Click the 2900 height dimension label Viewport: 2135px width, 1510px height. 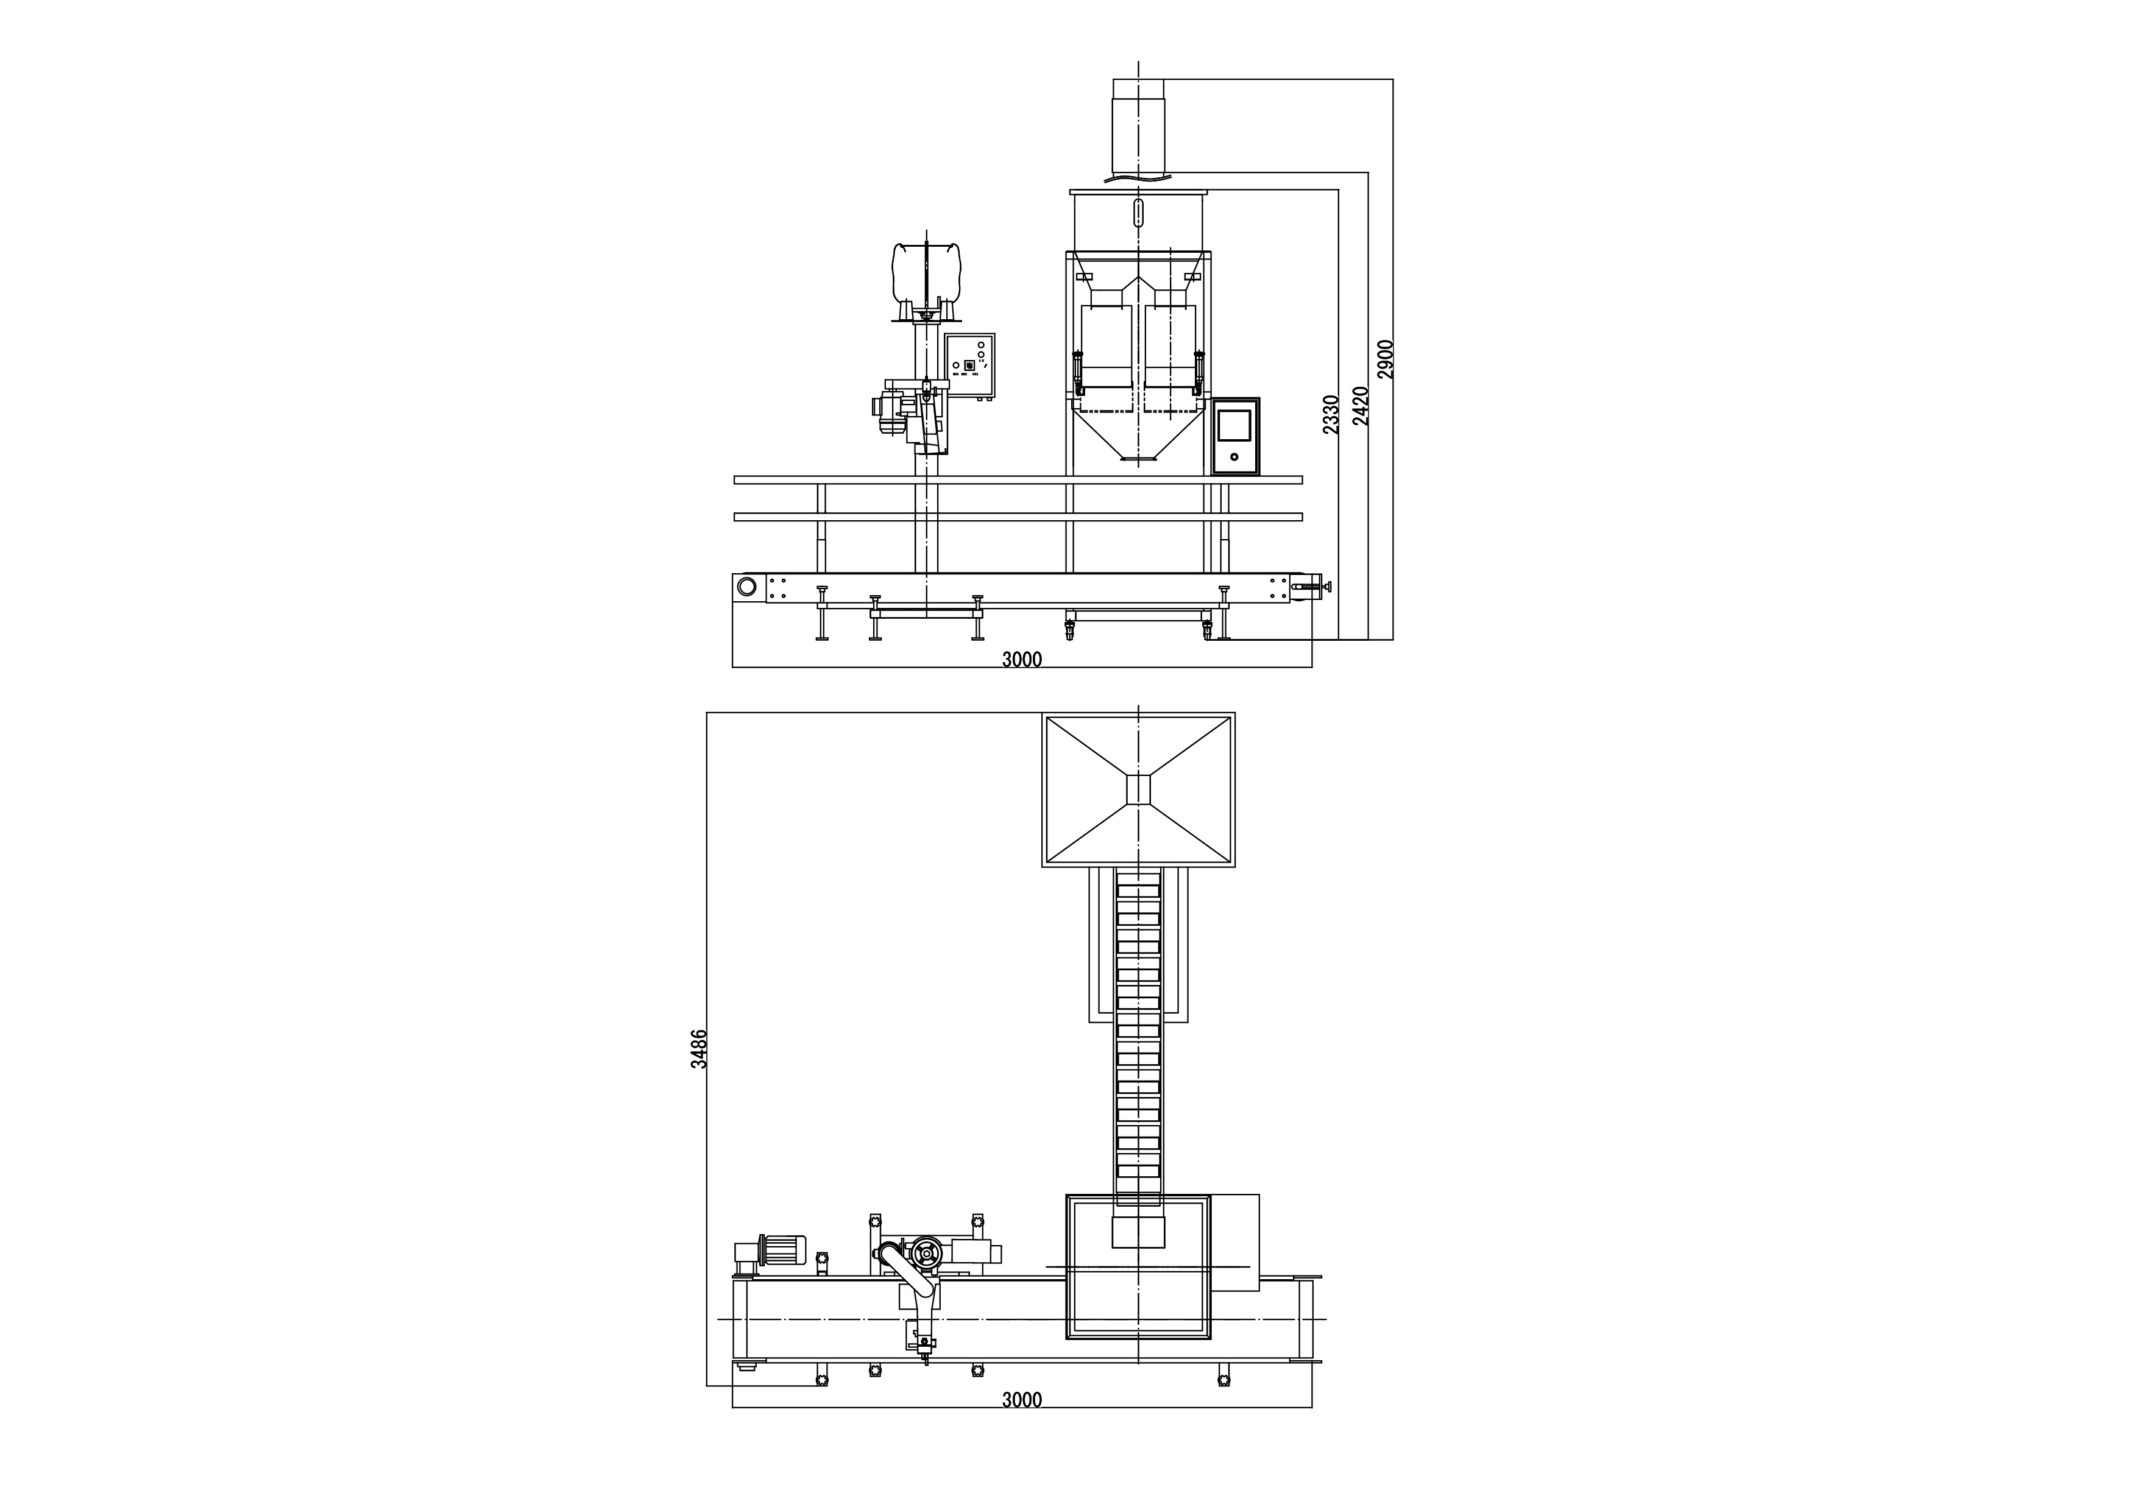coord(1384,359)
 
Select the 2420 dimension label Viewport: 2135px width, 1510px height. coord(1361,406)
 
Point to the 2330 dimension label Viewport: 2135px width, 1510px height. coord(1331,414)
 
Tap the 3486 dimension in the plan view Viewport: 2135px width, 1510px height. coord(698,1048)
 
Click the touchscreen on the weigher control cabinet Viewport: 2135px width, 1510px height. coord(1234,424)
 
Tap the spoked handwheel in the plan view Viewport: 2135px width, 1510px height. coord(926,1254)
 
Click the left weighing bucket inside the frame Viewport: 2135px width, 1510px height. coord(1106,348)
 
